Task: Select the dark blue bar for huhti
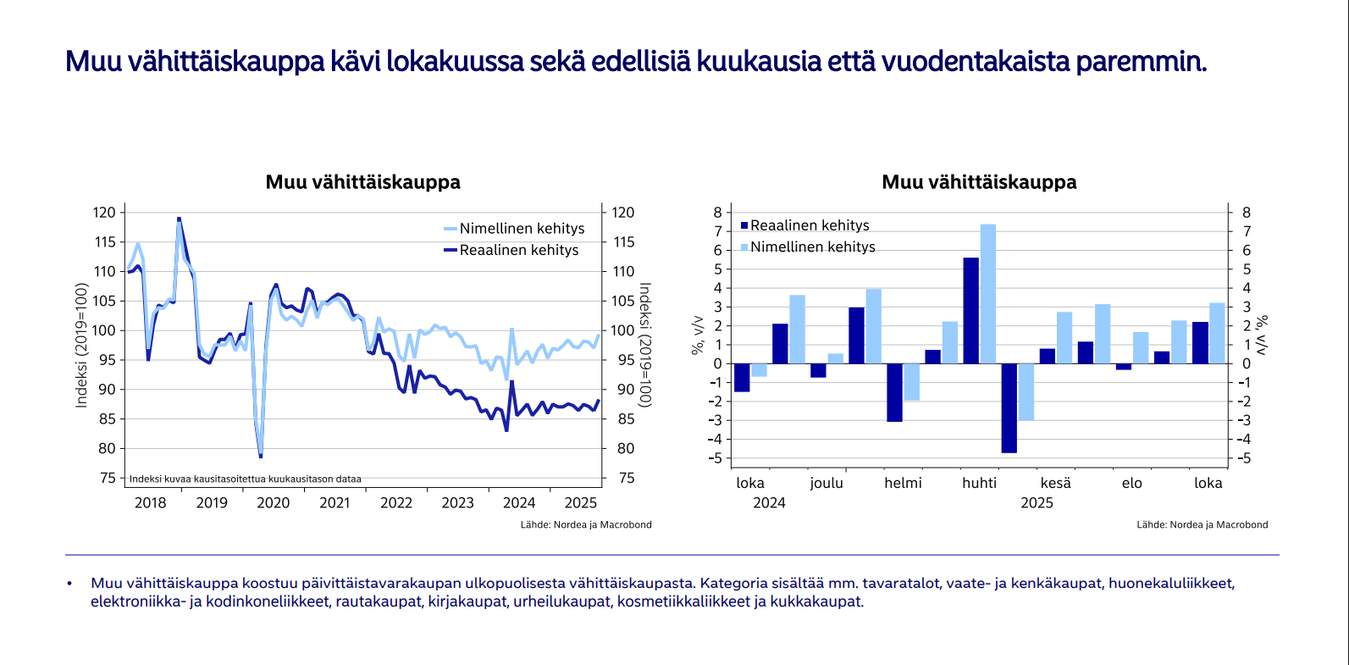(970, 311)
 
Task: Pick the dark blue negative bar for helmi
(894, 392)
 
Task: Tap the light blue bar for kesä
(1064, 338)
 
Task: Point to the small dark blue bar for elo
(1123, 367)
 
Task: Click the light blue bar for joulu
(835, 358)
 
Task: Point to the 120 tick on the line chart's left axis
(104, 213)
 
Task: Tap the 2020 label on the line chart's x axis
(273, 503)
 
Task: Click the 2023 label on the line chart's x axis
(457, 503)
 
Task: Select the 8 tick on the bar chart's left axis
(718, 213)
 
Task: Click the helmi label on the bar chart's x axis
(903, 483)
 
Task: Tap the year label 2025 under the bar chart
(1037, 503)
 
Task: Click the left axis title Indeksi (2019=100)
(82, 345)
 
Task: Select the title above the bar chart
(979, 182)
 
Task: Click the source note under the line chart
(586, 525)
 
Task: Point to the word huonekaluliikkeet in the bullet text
(1171, 584)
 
